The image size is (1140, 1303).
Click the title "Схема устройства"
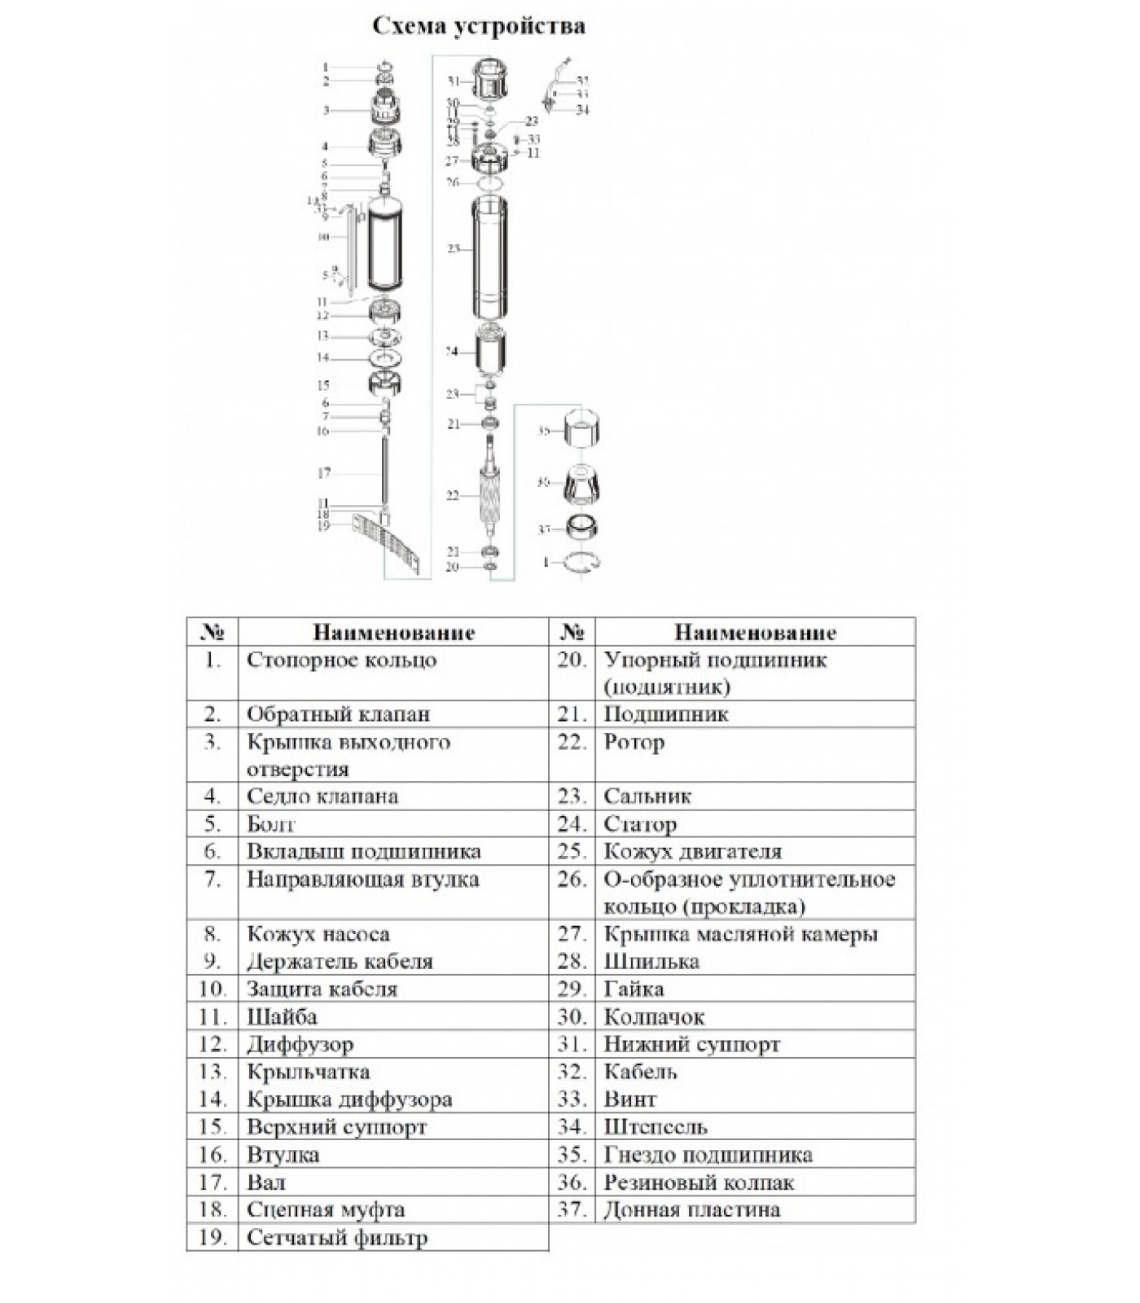coord(478,26)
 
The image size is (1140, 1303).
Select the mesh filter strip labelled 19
coord(389,541)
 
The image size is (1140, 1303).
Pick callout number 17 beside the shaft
coord(323,472)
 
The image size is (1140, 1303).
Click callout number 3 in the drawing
coord(326,110)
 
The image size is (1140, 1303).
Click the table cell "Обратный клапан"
coord(338,714)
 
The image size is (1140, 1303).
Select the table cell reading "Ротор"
coord(634,742)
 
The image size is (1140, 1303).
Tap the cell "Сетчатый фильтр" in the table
coord(336,1238)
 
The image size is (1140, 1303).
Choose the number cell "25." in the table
coord(572,852)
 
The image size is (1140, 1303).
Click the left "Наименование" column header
coord(393,633)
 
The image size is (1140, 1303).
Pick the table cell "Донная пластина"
coord(691,1209)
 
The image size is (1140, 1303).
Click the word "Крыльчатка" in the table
coord(308,1072)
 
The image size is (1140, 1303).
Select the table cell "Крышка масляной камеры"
coord(740,934)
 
